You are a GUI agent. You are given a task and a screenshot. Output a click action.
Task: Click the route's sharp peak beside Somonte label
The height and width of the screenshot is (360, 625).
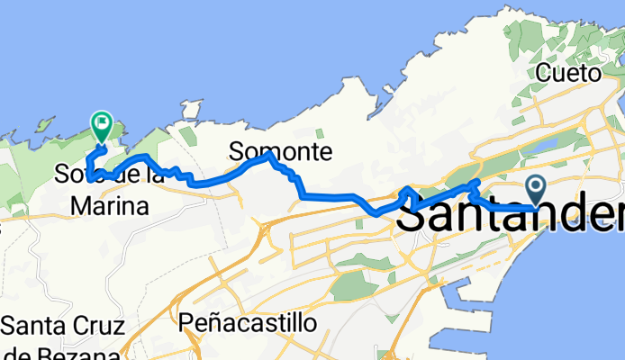(269, 156)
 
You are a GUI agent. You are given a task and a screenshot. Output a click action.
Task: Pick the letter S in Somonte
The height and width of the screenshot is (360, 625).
(236, 152)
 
